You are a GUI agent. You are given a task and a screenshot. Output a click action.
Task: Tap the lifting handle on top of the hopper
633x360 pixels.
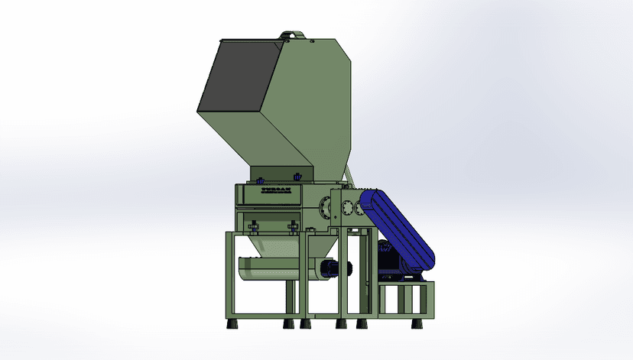click(290, 34)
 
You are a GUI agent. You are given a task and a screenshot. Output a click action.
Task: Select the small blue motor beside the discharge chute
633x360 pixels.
click(332, 268)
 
